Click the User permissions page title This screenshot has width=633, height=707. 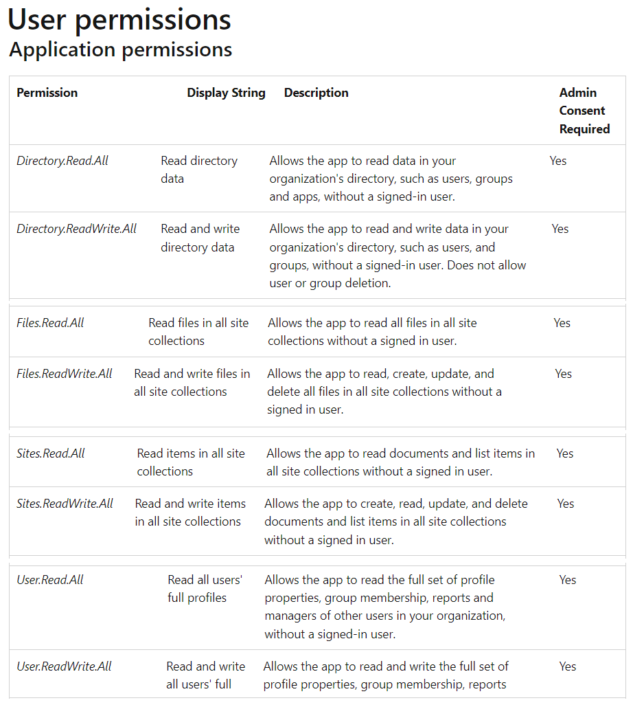tap(119, 20)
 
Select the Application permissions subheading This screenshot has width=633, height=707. tap(121, 50)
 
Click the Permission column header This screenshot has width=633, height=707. tap(47, 93)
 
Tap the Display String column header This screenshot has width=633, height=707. tap(226, 93)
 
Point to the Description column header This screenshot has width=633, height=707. tap(316, 93)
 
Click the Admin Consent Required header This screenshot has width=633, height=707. tap(584, 111)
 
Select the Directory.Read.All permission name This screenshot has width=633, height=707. tap(62, 161)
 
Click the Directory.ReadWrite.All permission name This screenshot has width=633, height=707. tap(77, 229)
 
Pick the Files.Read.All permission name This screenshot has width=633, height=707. tap(50, 323)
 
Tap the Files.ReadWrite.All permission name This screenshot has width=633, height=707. tap(65, 374)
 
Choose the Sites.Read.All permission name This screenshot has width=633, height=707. tap(51, 453)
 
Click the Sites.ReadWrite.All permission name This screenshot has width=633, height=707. tap(65, 504)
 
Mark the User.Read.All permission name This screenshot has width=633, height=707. tap(50, 580)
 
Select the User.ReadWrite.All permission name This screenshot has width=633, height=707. tap(64, 666)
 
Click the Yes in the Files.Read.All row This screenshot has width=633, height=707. tap(562, 323)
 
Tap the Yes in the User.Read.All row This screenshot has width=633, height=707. tap(567, 580)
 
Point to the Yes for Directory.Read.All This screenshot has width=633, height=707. tap(558, 161)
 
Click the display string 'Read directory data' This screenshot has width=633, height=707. tap(198, 170)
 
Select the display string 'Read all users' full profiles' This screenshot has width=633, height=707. tap(204, 589)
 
